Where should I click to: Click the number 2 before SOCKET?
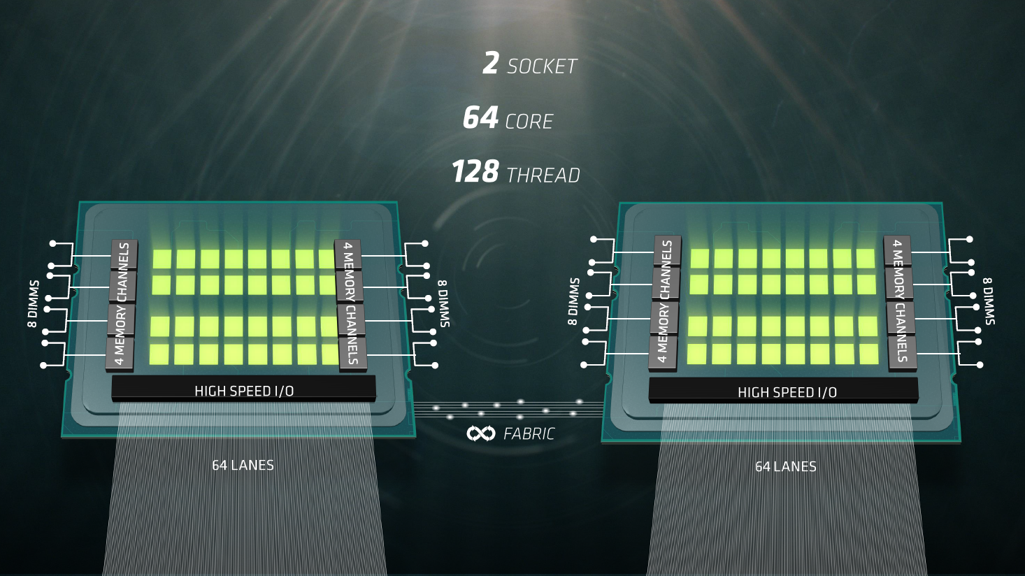click(x=490, y=63)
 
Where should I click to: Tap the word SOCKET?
click(x=543, y=67)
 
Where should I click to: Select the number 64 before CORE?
click(x=480, y=117)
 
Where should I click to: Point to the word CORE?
click(x=529, y=122)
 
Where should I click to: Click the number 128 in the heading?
click(x=475, y=171)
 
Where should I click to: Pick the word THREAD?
click(x=543, y=175)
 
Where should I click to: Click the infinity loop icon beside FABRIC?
click(x=481, y=433)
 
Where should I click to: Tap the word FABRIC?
click(x=529, y=433)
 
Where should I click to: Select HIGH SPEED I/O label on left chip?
click(x=244, y=391)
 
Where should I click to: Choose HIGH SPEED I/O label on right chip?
click(x=787, y=392)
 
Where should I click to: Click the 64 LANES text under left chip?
click(x=243, y=466)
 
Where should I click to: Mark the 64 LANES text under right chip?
click(x=786, y=466)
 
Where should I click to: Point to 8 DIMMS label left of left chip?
click(x=33, y=304)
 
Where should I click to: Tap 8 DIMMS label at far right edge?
click(x=989, y=301)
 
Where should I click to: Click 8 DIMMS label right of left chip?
click(x=444, y=304)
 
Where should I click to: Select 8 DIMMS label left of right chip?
click(x=574, y=301)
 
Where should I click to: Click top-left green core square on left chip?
click(x=162, y=259)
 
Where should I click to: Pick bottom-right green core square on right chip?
click(x=869, y=354)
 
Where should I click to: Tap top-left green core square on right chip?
click(x=700, y=259)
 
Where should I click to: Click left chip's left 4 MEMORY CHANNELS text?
click(x=122, y=304)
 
